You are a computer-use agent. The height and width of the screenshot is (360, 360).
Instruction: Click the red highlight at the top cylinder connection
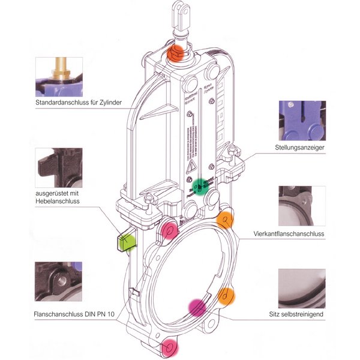click(x=178, y=52)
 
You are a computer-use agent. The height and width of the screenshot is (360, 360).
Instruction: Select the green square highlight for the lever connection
click(x=126, y=242)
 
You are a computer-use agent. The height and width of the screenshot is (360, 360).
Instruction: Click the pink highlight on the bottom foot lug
click(x=170, y=347)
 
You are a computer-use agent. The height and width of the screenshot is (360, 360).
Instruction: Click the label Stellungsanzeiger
click(x=302, y=147)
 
